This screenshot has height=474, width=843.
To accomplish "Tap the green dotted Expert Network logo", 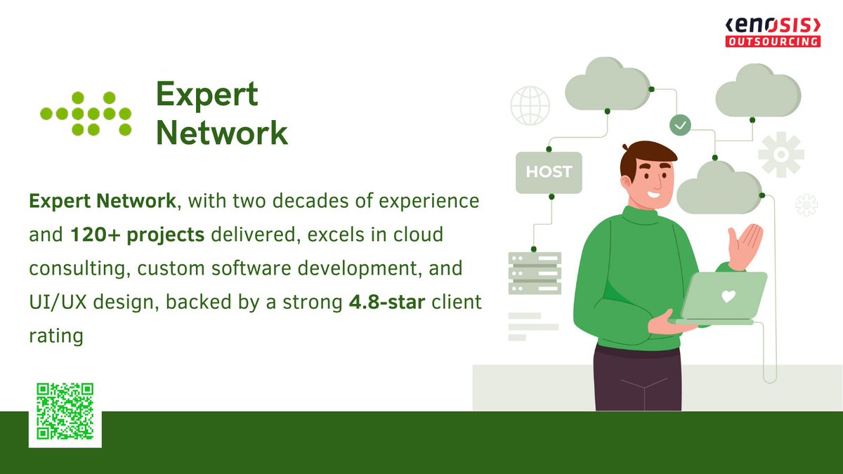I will pyautogui.click(x=86, y=112).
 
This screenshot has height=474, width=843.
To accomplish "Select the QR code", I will pyautogui.click(x=65, y=411).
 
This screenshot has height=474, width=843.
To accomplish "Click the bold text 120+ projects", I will pyautogui.click(x=136, y=235).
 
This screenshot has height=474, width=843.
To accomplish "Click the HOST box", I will pyautogui.click(x=549, y=172).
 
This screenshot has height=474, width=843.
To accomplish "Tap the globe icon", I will pyautogui.click(x=530, y=105).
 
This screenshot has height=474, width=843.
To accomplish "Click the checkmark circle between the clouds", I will pyautogui.click(x=680, y=125).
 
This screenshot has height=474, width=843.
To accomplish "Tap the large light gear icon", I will pyautogui.click(x=780, y=153).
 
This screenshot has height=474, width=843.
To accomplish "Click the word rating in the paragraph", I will pyautogui.click(x=55, y=336).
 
